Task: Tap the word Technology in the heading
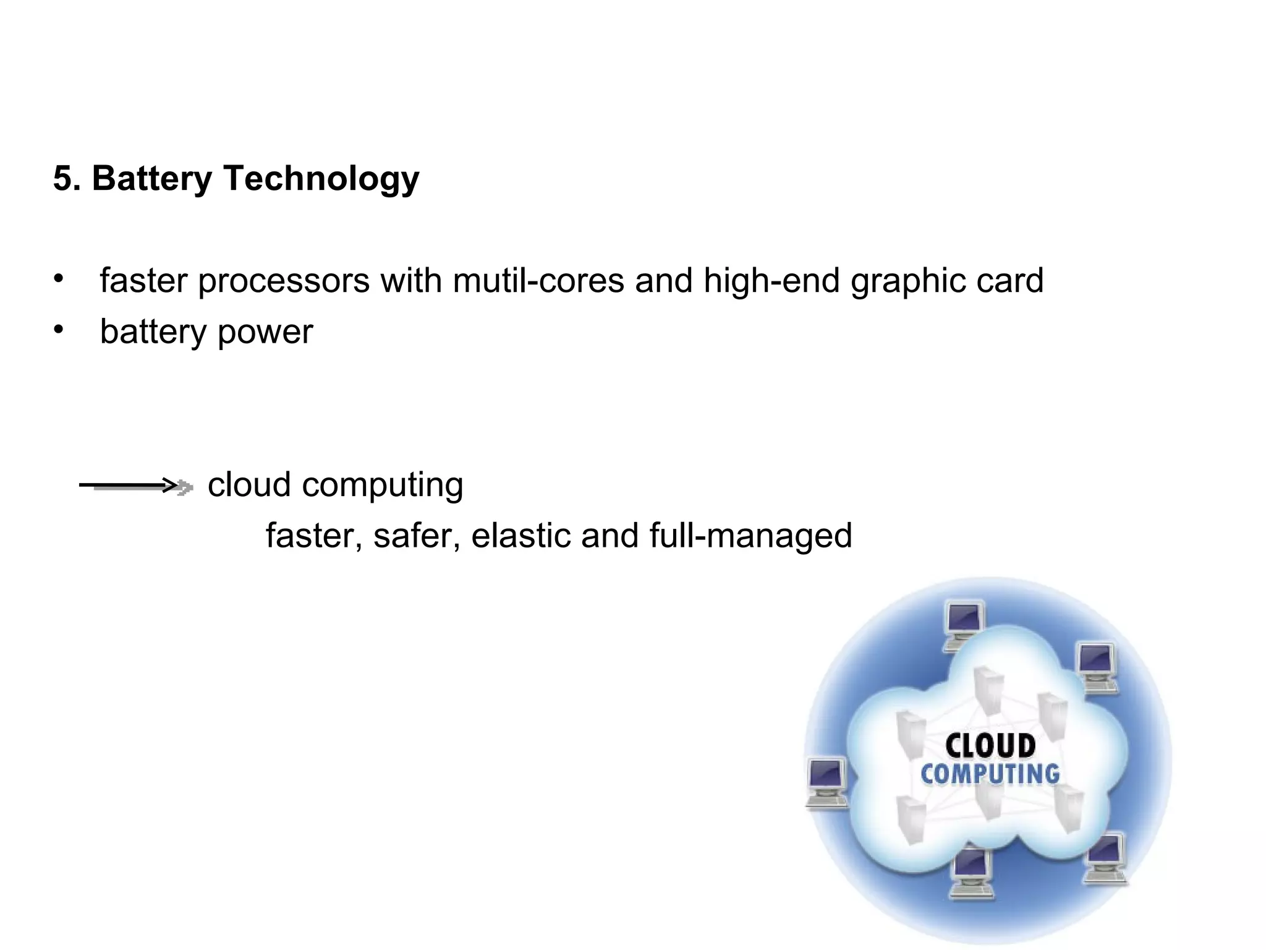pyautogui.click(x=321, y=179)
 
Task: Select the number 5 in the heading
pyautogui.click(x=63, y=179)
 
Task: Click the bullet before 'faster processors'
pyautogui.click(x=58, y=279)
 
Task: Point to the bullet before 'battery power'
pyautogui.click(x=58, y=330)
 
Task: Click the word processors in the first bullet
pyautogui.click(x=283, y=281)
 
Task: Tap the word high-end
pyautogui.click(x=771, y=281)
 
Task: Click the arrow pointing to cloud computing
pyautogui.click(x=136, y=486)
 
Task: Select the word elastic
pyautogui.click(x=520, y=535)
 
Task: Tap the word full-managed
pyautogui.click(x=750, y=536)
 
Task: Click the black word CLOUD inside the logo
pyautogui.click(x=990, y=745)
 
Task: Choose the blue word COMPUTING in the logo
pyautogui.click(x=990, y=774)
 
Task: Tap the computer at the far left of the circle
pyautogui.click(x=827, y=782)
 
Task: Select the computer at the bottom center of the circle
pyautogui.click(x=971, y=872)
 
